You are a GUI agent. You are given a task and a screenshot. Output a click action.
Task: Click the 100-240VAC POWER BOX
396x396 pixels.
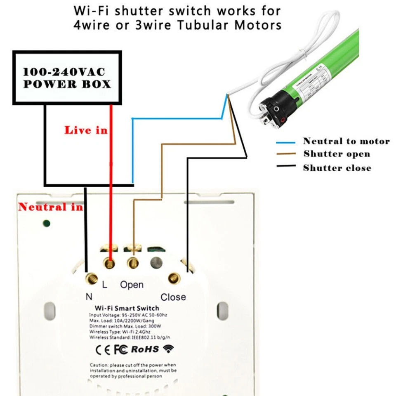click(x=67, y=78)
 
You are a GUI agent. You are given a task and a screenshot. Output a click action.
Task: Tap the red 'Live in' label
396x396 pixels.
click(x=85, y=130)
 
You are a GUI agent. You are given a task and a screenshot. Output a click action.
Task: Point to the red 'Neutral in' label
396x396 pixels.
click(x=50, y=207)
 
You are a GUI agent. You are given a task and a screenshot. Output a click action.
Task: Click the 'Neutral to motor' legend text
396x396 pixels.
click(x=346, y=141)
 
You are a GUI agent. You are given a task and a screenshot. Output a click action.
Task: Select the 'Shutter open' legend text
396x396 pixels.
click(x=337, y=154)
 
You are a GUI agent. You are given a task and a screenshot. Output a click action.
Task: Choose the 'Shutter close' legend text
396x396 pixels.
click(x=337, y=168)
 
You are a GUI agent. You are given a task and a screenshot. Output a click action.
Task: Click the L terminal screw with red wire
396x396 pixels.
click(x=110, y=262)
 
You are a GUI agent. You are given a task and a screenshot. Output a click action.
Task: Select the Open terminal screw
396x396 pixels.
click(x=133, y=262)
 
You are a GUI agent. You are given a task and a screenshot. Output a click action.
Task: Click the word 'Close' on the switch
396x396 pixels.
click(x=173, y=297)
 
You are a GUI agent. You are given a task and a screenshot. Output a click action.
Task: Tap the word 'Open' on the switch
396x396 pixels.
click(x=132, y=285)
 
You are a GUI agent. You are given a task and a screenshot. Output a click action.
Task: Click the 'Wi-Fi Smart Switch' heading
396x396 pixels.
click(x=127, y=308)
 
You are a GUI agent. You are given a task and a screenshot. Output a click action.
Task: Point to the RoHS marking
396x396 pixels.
click(x=145, y=349)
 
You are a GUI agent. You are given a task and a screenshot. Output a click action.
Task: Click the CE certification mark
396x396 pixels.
click(x=103, y=349)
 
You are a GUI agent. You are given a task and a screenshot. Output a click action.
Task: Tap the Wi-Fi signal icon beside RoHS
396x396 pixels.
click(x=168, y=349)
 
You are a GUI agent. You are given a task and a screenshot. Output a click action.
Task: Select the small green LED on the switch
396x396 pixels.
click(x=47, y=224)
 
